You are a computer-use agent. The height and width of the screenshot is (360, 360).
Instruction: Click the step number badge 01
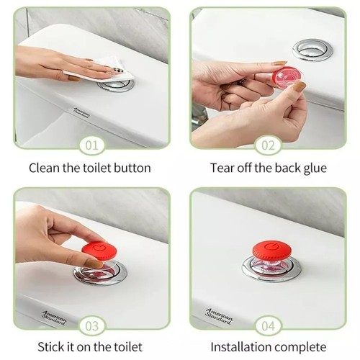click(x=91, y=145)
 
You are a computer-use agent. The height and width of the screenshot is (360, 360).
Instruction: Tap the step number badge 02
click(x=269, y=145)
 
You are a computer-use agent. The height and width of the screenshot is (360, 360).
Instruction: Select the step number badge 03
click(x=91, y=325)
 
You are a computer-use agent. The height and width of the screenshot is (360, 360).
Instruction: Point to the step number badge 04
click(x=269, y=325)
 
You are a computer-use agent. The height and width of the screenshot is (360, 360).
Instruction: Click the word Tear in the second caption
click(x=222, y=168)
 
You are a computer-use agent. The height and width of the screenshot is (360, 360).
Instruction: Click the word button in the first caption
click(x=132, y=168)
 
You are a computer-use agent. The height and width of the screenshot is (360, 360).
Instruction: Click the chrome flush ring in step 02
click(x=312, y=50)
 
